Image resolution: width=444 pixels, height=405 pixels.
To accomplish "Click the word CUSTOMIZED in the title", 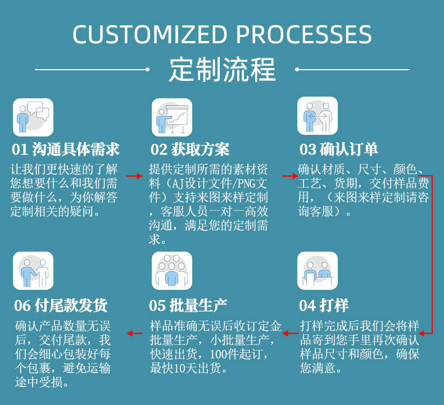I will click(x=150, y=35).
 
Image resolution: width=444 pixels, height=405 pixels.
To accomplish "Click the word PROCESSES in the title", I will click(x=303, y=35).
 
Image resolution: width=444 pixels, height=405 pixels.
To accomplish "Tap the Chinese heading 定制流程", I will click(x=223, y=70).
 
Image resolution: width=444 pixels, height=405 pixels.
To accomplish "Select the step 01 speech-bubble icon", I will click(x=33, y=117).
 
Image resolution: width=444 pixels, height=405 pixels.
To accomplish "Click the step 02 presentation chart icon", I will click(x=171, y=117).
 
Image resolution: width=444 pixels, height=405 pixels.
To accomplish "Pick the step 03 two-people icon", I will click(x=318, y=116).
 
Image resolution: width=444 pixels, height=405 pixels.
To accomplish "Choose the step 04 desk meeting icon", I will click(x=318, y=270).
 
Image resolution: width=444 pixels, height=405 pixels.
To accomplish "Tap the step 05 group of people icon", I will click(x=171, y=270).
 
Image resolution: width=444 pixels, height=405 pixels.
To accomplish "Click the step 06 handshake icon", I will click(x=33, y=270).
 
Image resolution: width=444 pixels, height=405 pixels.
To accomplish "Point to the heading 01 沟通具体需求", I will click(x=66, y=149).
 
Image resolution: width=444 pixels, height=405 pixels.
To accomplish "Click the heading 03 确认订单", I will click(x=338, y=149).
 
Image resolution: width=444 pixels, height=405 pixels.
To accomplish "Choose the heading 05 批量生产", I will click(x=188, y=305).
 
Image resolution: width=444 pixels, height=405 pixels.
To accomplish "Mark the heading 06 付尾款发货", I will click(x=61, y=305).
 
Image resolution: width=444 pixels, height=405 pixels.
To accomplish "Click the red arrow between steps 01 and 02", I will click(x=134, y=176).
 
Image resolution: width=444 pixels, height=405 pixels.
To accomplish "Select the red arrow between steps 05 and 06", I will click(x=135, y=333).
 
